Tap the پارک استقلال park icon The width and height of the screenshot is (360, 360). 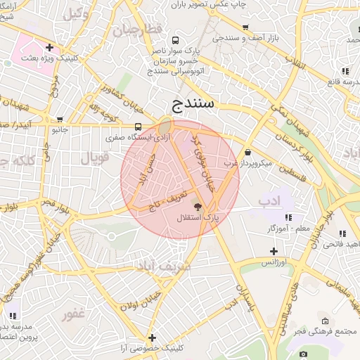[x=198, y=207]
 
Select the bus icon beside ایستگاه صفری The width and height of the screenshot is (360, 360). [x=138, y=127]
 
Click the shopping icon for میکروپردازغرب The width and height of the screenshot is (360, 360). [x=247, y=153]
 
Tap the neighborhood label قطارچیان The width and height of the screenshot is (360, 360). [x=139, y=30]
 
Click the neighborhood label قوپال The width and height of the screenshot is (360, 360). [x=95, y=158]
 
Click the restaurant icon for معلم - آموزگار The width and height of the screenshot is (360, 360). [x=288, y=217]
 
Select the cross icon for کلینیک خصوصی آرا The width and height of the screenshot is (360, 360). [x=152, y=338]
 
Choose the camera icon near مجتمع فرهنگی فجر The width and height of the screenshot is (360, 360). [x=304, y=353]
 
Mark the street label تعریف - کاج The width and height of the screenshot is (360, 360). [x=169, y=198]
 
